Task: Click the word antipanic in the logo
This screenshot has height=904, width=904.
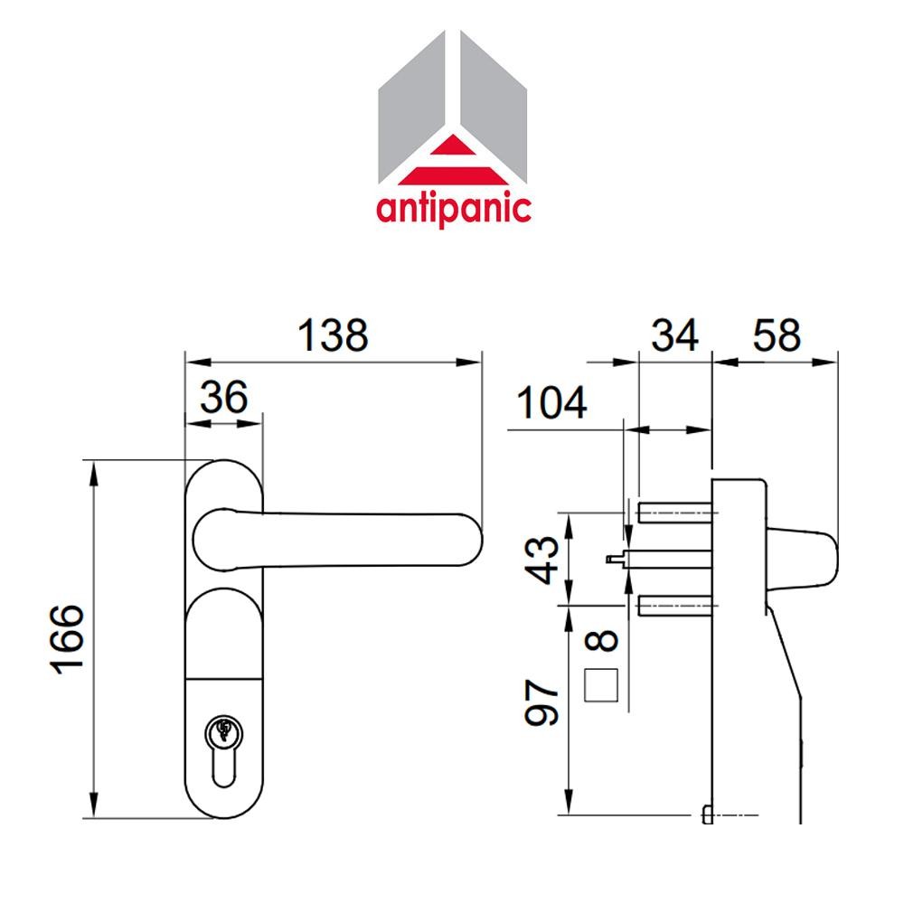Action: (454, 207)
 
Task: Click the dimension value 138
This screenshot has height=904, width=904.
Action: (334, 335)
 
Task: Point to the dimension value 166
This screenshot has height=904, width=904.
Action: (69, 639)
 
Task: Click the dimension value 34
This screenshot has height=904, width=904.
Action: (675, 336)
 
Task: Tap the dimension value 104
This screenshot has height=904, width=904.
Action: (551, 402)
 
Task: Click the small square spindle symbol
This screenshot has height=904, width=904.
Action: (600, 684)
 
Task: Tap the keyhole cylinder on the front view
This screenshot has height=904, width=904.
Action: (223, 730)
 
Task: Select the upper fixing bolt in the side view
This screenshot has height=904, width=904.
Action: (673, 513)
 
